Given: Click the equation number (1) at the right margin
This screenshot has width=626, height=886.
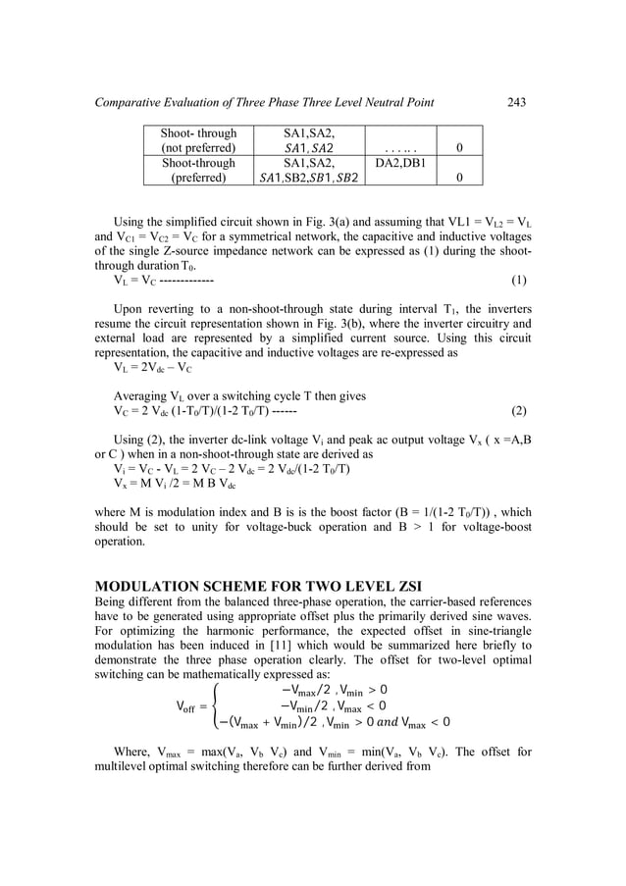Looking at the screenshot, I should (519, 280).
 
